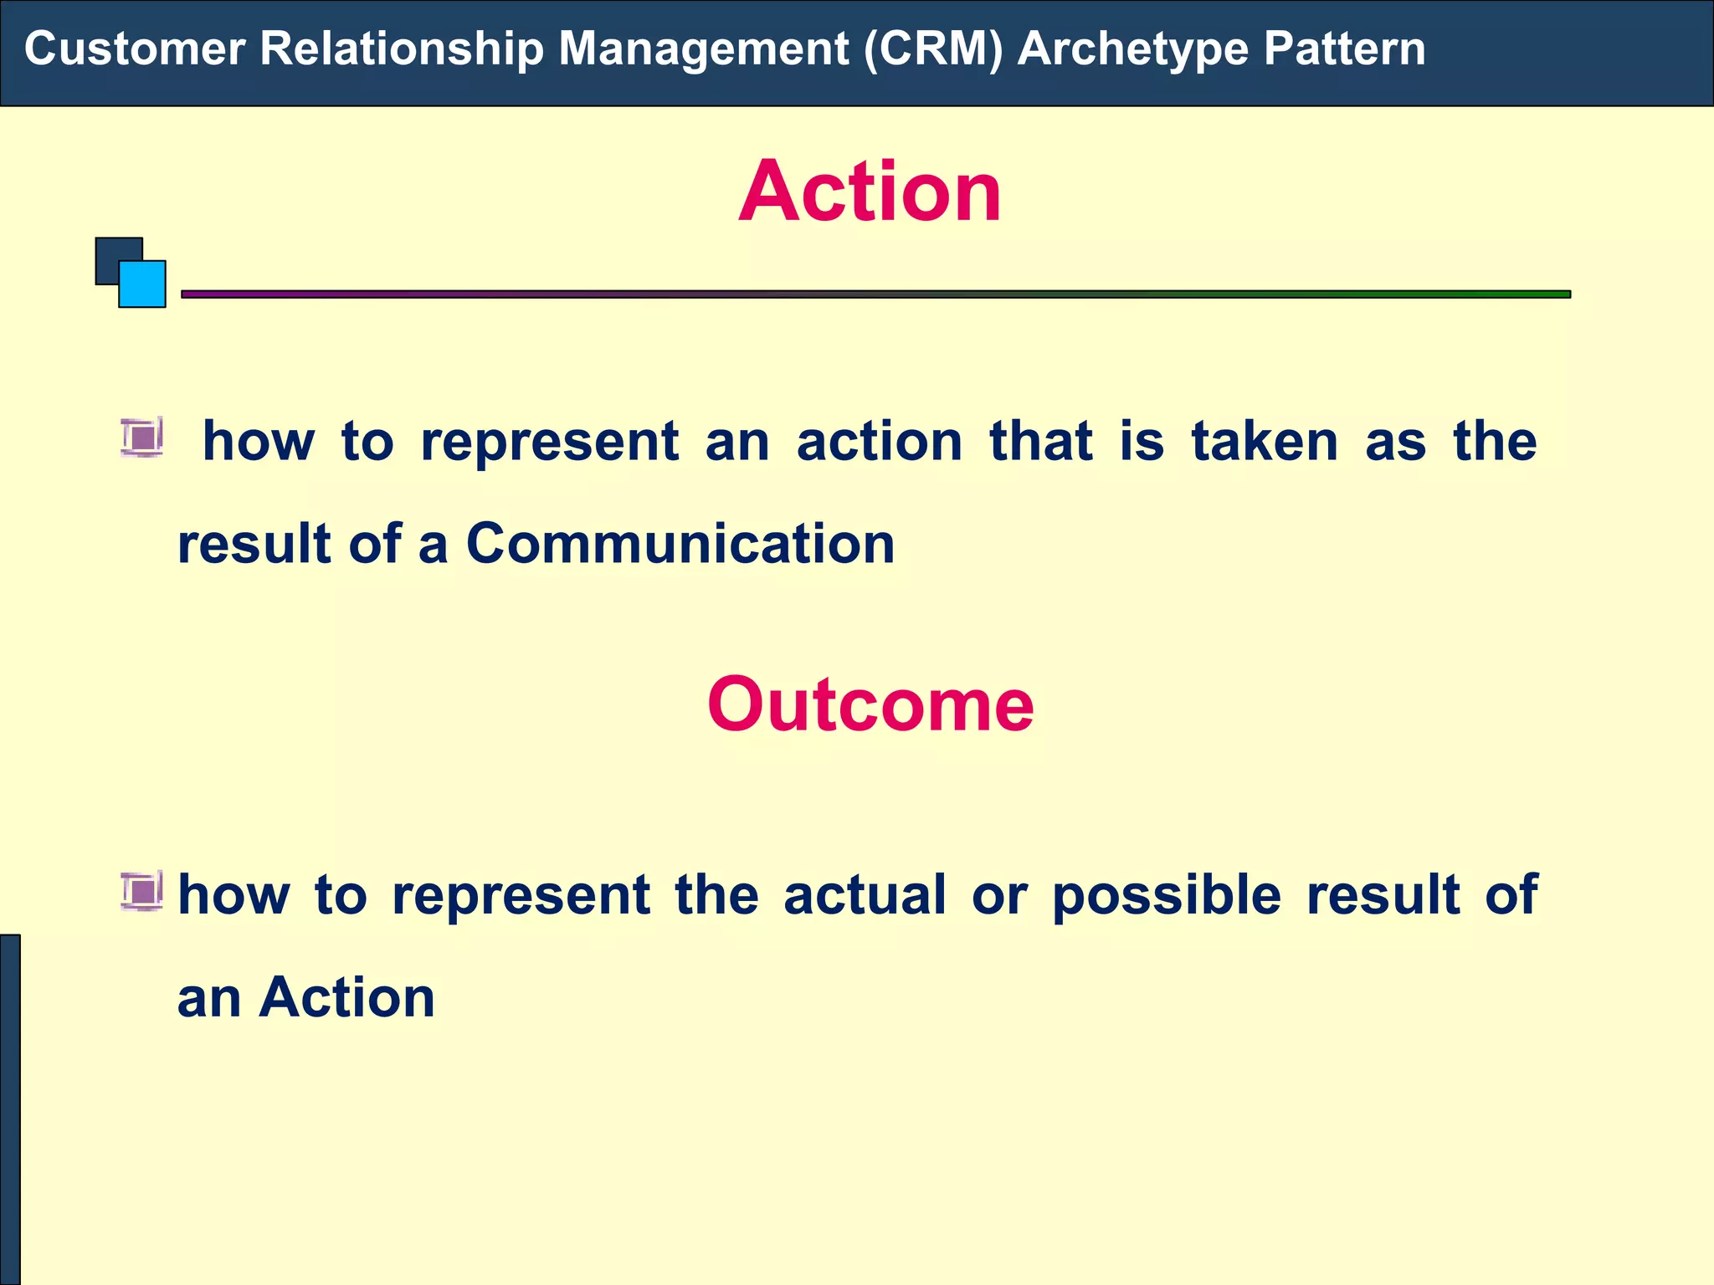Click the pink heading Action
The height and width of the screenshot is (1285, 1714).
click(870, 192)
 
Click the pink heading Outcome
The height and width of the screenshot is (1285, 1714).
click(870, 705)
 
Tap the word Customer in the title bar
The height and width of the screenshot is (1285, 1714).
click(134, 49)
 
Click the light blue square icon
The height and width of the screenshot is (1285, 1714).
click(143, 285)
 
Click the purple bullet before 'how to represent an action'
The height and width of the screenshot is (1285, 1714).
click(141, 438)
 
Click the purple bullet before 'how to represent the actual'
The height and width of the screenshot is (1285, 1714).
click(141, 890)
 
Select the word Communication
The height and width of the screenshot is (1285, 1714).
click(680, 545)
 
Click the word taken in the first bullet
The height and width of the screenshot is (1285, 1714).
click(1265, 442)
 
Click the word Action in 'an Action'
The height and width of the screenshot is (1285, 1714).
click(347, 998)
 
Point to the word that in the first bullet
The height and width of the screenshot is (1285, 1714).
click(1041, 442)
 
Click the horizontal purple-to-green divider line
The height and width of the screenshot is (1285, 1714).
click(875, 294)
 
